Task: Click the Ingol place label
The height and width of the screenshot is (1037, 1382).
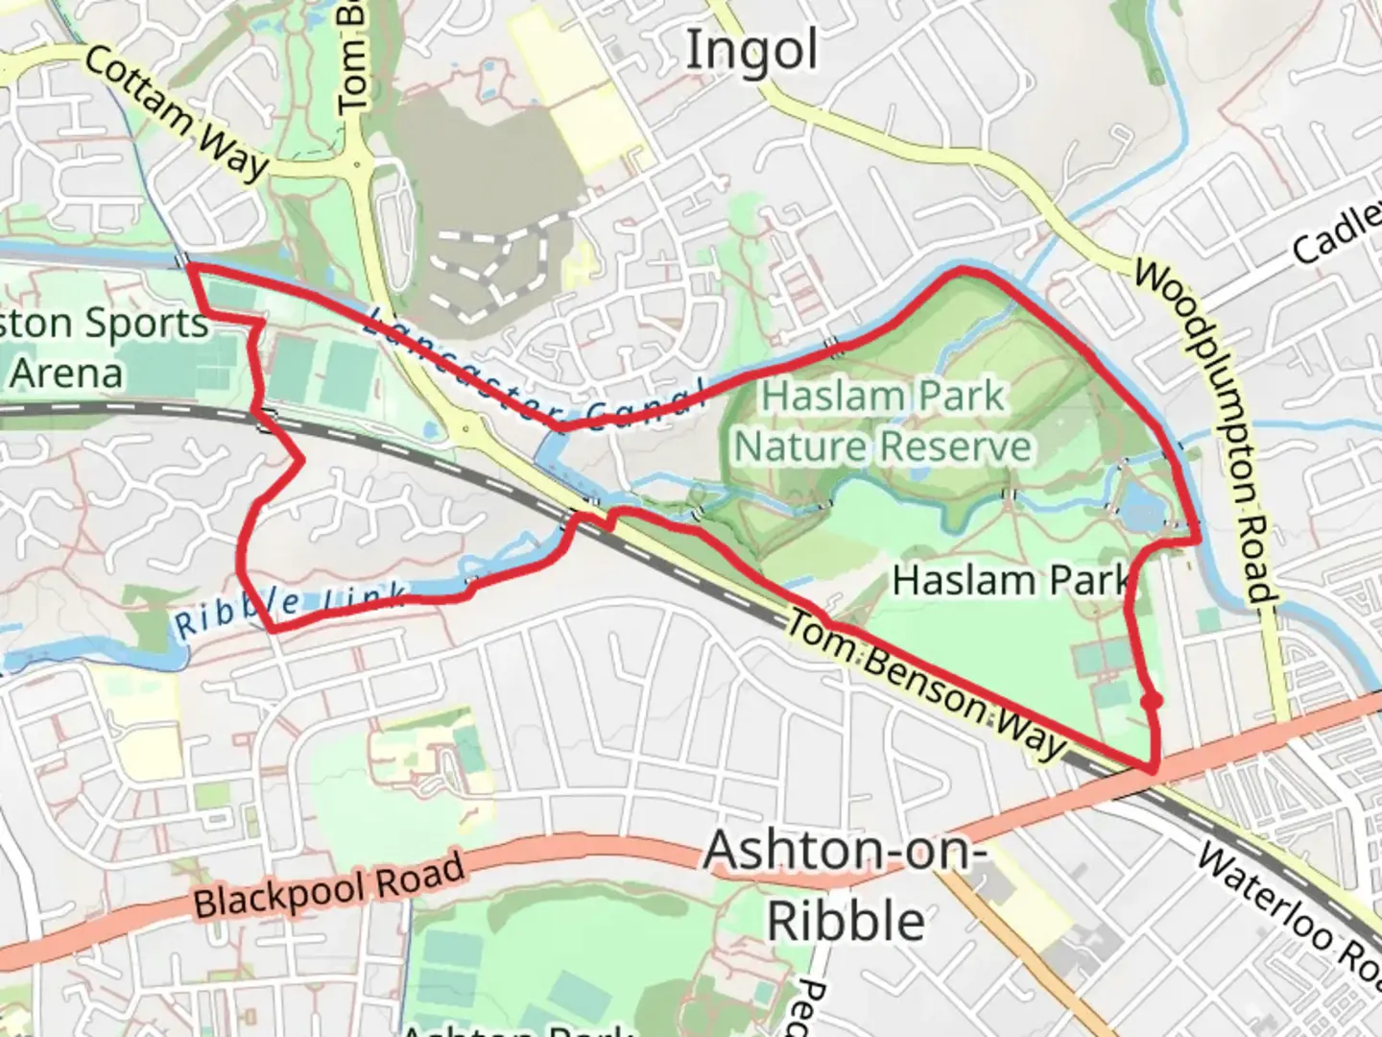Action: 751,51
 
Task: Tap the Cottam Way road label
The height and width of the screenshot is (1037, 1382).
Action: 176,112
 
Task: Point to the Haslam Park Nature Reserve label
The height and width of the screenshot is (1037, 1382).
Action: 883,422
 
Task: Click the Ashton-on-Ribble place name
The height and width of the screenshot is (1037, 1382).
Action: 845,885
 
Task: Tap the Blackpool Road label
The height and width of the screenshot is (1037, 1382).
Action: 329,884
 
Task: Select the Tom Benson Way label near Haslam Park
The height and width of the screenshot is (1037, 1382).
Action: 925,684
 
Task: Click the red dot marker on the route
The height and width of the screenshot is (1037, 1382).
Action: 1153,702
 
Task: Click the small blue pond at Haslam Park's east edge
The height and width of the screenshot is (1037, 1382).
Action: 1141,514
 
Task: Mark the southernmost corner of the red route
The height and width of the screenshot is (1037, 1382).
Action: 1151,768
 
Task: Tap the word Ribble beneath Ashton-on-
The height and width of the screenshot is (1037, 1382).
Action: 845,921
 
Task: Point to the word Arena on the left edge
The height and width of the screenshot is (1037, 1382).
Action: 67,373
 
